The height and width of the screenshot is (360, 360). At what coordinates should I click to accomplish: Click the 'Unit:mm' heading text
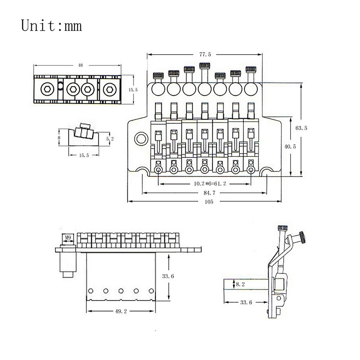point(51,26)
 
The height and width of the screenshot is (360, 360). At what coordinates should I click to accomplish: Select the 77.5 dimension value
point(205,55)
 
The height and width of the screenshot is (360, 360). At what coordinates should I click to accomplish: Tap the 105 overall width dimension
point(209,202)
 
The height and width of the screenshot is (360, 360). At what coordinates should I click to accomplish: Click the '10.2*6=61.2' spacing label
point(205,184)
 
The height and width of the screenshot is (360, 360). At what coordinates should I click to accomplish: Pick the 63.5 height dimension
point(301,128)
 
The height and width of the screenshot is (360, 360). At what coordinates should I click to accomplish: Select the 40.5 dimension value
point(290,147)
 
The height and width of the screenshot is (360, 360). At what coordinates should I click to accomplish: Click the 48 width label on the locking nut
point(80,66)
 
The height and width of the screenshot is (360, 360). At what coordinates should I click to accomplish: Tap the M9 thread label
point(68,238)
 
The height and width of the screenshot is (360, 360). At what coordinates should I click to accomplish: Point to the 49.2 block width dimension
point(121,312)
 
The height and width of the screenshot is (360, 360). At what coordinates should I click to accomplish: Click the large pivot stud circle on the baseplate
point(141,139)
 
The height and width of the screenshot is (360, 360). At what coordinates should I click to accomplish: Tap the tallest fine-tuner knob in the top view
point(204,66)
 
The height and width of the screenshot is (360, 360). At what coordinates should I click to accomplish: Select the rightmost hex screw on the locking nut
point(109,89)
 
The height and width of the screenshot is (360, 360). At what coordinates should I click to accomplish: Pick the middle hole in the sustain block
point(121,291)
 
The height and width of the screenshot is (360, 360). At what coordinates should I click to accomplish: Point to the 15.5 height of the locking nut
point(133,89)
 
